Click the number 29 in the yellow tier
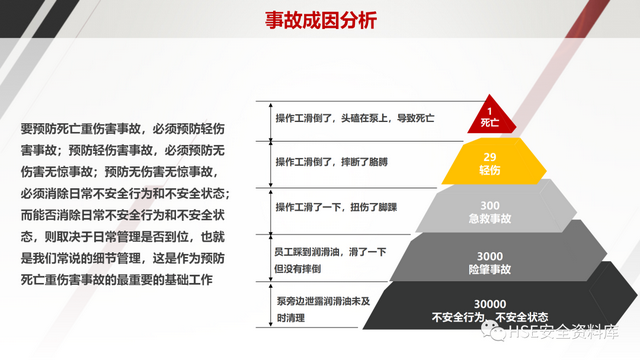click(x=490, y=157)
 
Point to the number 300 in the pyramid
click(x=491, y=204)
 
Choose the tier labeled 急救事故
click(x=490, y=217)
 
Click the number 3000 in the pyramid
click(x=491, y=256)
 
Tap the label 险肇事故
click(x=491, y=269)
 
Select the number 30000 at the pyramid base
click(x=490, y=304)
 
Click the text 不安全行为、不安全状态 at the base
click(x=490, y=317)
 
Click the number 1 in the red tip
click(x=490, y=110)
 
